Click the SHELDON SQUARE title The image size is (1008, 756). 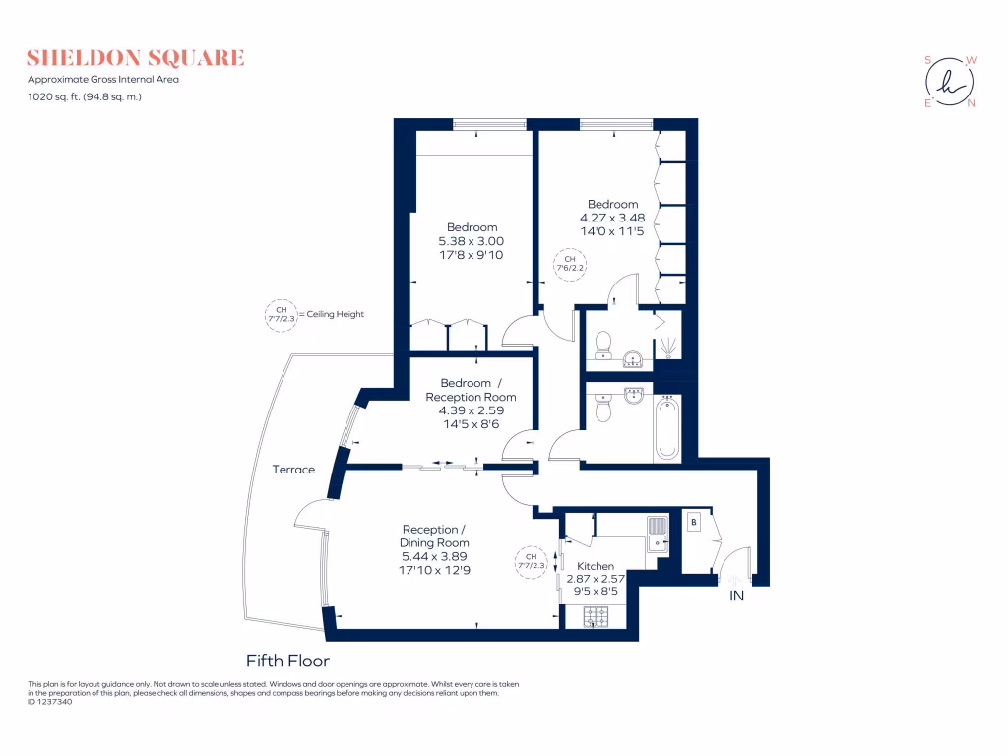136,58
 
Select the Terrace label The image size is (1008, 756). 293,470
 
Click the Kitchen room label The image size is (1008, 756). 596,566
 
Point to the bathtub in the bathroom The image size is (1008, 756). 667,426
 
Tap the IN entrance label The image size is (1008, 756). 737,597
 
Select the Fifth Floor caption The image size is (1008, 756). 287,661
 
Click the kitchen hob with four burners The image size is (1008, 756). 597,617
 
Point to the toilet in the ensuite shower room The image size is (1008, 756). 604,344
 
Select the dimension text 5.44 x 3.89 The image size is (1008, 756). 434,556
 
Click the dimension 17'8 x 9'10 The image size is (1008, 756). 472,254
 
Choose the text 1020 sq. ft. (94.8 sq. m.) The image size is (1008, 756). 85,96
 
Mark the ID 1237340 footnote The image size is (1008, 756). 49,702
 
